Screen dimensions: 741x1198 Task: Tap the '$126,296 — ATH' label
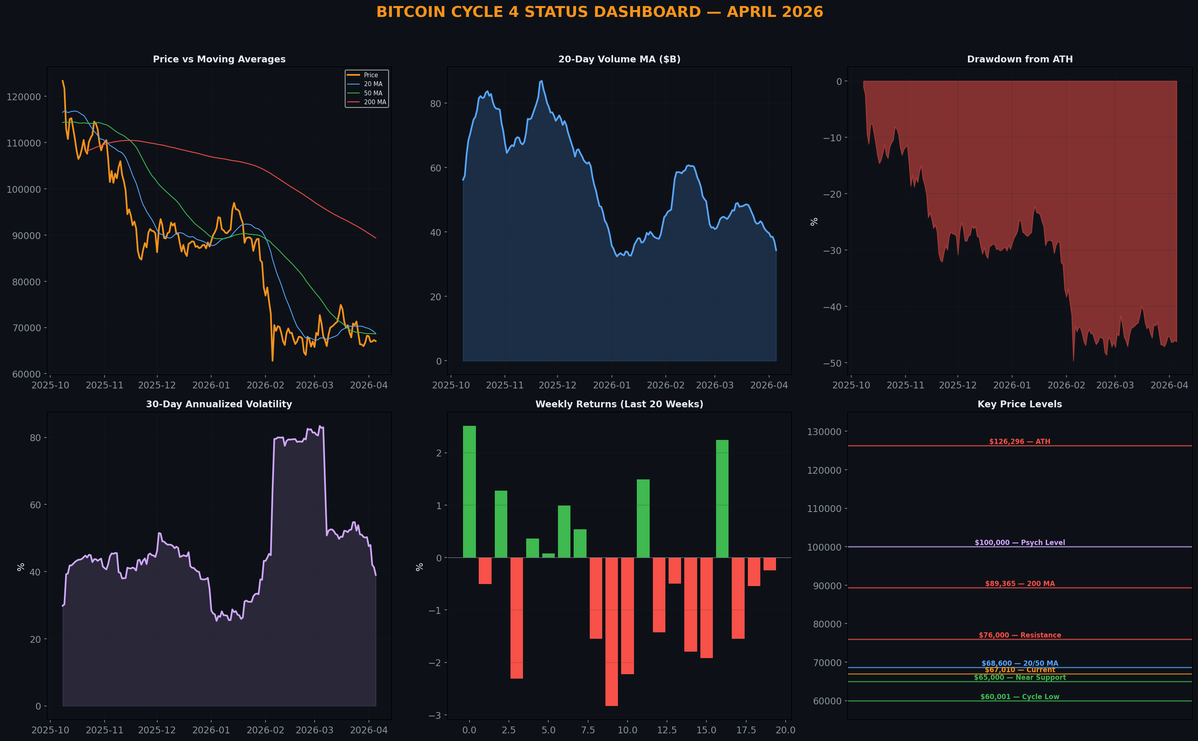pos(1020,442)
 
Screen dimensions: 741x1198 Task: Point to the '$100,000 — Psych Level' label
pos(1020,543)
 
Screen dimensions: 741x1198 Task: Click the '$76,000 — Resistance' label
pos(1020,635)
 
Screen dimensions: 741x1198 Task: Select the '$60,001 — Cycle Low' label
pos(1020,697)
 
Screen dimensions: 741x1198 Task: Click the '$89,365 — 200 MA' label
pos(1020,584)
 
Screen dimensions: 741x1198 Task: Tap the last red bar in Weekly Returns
pos(770,564)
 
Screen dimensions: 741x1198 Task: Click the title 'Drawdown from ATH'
pos(1020,59)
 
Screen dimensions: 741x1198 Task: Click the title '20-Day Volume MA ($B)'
pos(619,59)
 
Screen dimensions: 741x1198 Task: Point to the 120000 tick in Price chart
pos(23,97)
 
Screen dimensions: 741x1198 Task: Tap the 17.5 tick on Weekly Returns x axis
pos(746,730)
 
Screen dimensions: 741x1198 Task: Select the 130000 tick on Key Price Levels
pos(824,432)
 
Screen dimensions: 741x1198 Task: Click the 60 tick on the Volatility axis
pos(35,505)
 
